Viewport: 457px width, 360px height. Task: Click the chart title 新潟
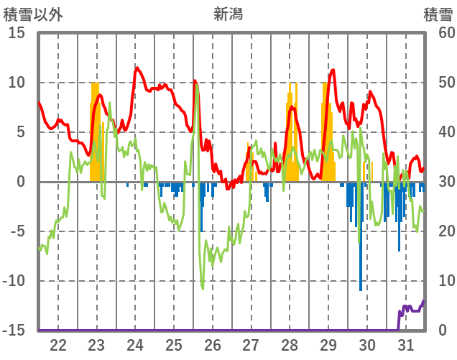[228, 14]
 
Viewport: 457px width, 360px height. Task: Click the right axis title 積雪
[438, 14]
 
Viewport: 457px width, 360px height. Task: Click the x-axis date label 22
[58, 343]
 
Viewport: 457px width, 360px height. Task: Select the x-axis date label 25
[174, 343]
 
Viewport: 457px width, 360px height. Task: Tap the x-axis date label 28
[290, 343]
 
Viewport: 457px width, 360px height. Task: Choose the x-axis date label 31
[405, 343]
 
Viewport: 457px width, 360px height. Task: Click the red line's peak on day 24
[137, 68]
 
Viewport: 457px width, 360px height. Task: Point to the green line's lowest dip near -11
[203, 288]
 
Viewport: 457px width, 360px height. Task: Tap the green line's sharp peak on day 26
[196, 88]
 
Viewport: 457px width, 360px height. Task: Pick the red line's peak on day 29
[333, 70]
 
